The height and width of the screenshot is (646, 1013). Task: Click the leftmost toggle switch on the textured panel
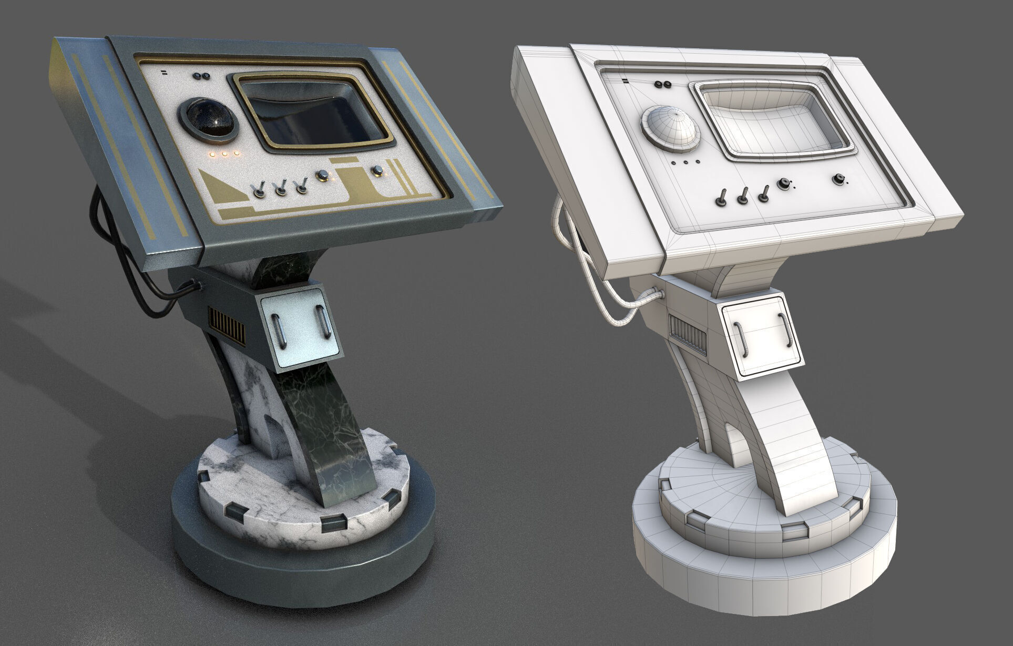pyautogui.click(x=259, y=190)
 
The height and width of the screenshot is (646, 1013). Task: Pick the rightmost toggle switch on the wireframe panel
pyautogui.click(x=764, y=195)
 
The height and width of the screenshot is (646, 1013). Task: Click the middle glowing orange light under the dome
pyautogui.click(x=224, y=155)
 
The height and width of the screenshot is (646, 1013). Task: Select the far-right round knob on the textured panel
pyautogui.click(x=377, y=171)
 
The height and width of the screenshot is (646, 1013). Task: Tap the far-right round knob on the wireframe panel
pyautogui.click(x=839, y=180)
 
